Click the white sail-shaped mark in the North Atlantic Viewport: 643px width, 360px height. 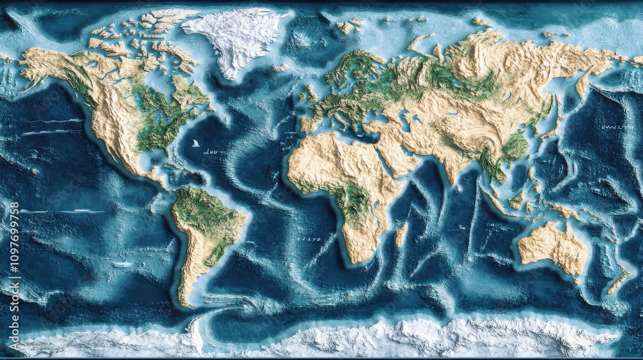194,143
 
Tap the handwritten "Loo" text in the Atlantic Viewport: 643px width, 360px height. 210,152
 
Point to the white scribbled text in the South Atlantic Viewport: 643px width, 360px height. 309,239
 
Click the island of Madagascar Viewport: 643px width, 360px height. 402,234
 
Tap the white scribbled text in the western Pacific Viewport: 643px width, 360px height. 616,127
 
